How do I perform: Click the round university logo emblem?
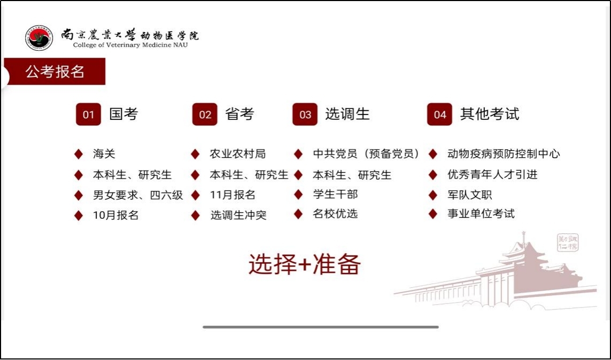[38, 38]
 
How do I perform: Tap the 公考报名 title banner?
[55, 71]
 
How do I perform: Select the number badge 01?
[88, 114]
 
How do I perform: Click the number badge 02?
[205, 114]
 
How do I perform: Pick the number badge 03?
[305, 114]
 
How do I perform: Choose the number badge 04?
[439, 114]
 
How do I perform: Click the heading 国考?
[124, 114]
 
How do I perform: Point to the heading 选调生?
[347, 114]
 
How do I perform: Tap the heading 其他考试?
[490, 114]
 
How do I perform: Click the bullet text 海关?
[104, 154]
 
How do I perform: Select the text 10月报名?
[115, 215]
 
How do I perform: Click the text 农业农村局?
[238, 154]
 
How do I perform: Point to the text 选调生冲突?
[238, 215]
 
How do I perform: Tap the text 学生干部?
[335, 194]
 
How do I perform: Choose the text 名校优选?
[335, 214]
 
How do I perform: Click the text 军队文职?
[469, 195]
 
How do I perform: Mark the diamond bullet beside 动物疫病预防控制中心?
[432, 154]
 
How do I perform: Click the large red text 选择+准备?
[305, 264]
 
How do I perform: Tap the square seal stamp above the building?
[568, 243]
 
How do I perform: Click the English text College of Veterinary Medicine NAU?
[130, 45]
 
